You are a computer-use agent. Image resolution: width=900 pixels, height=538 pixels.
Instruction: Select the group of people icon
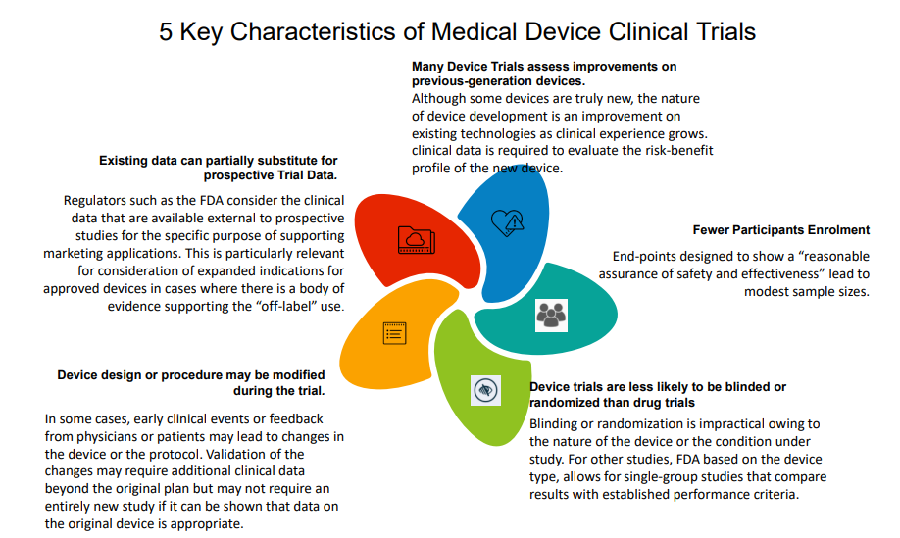(x=551, y=314)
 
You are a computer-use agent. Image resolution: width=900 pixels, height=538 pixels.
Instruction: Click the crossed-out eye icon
(x=484, y=389)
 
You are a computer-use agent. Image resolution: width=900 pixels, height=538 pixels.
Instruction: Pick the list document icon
(x=394, y=332)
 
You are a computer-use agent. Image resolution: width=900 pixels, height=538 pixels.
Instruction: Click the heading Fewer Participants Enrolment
(x=780, y=230)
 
